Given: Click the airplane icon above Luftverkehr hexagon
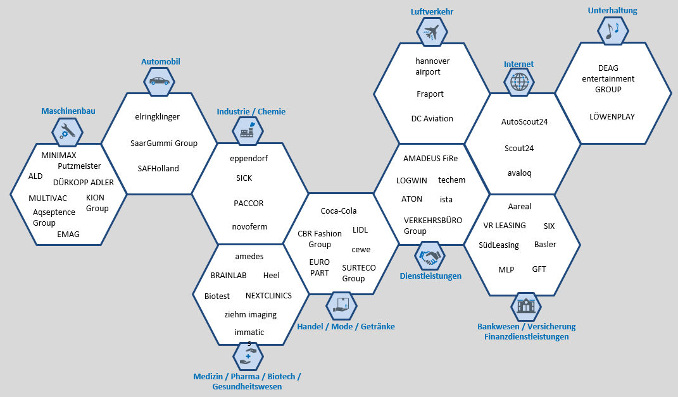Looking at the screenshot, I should coord(432,31).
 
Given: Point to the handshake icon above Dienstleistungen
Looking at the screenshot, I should coord(430,257).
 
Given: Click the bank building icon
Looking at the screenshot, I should coord(525,307).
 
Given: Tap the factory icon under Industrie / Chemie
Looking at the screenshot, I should coord(246,131).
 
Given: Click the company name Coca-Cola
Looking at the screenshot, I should coord(339,211).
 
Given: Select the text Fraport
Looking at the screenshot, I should coord(430,94).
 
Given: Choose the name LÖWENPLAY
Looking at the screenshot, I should coord(612,117).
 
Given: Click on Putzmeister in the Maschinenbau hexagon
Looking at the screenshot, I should coord(79,166).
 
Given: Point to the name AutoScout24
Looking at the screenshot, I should coord(524,122).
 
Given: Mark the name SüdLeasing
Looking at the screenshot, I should coord(499,245).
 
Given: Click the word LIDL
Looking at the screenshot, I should coord(360,229).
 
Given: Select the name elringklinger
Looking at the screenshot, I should coord(158,117).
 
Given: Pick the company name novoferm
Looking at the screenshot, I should coord(250,227).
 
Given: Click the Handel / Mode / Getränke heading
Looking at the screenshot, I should coord(346,327).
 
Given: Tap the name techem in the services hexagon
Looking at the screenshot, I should coord(451,180).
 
